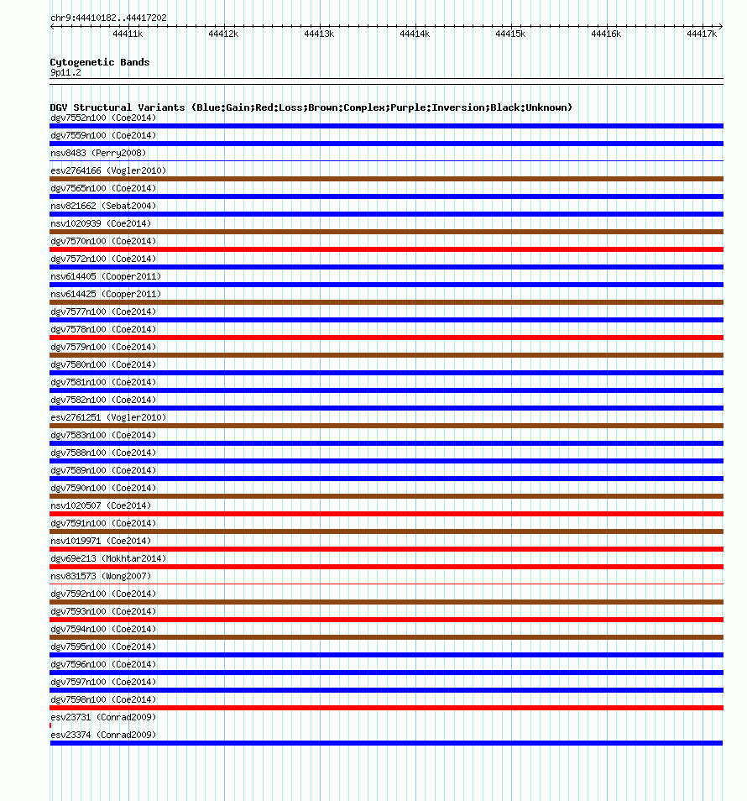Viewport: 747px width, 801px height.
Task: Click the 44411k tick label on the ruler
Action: [128, 34]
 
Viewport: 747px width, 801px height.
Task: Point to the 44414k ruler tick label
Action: [415, 34]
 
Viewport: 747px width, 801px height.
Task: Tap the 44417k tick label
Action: [702, 34]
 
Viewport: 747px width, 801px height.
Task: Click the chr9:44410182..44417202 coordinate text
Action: [108, 18]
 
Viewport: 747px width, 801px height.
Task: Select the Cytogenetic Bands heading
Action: [100, 62]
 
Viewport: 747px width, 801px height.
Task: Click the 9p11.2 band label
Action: [65, 72]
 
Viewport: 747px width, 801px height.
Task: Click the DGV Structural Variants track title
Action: [311, 107]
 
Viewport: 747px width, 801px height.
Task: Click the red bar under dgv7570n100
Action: [386, 249]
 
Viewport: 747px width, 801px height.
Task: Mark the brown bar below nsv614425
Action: [386, 302]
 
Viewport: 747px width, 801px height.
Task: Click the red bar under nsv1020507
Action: [386, 514]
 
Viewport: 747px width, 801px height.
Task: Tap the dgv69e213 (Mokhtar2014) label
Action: [108, 558]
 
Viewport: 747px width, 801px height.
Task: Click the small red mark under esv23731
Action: [50, 725]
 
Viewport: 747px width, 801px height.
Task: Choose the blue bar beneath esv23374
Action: [386, 743]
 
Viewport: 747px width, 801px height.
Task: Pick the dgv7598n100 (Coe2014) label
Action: [103, 699]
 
